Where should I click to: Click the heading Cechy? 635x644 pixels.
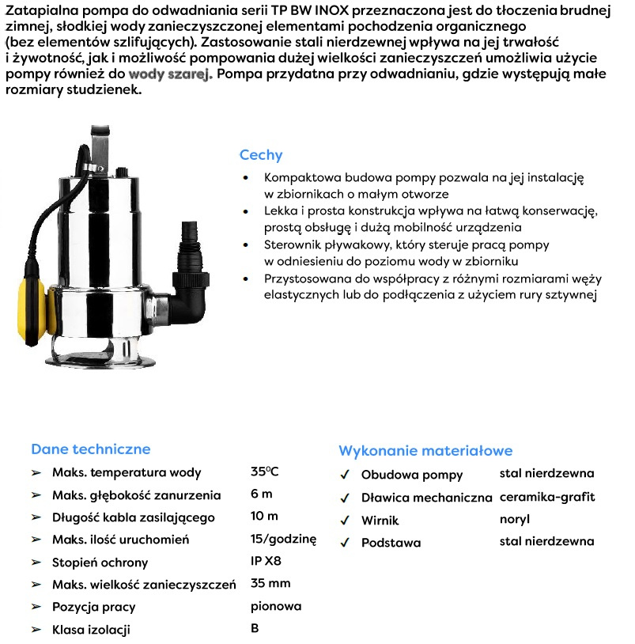[x=260, y=155]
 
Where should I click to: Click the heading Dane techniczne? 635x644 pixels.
[x=90, y=449]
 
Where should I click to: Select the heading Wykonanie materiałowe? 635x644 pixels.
[x=425, y=451]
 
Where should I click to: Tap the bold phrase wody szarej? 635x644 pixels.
[x=170, y=74]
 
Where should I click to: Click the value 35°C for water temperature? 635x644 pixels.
[x=264, y=472]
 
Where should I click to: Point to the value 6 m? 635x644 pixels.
[x=261, y=494]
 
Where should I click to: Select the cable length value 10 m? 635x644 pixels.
[x=264, y=517]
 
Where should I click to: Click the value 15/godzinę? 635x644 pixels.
[x=283, y=540]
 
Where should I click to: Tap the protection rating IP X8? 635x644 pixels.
[x=266, y=562]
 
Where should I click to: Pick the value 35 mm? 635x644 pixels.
[x=270, y=584]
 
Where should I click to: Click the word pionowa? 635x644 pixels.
[x=276, y=607]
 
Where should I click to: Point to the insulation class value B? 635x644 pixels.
[x=255, y=629]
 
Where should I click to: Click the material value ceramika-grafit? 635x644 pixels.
[x=547, y=498]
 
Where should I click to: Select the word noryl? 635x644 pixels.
[x=515, y=520]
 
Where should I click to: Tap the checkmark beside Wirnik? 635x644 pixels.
[x=345, y=521]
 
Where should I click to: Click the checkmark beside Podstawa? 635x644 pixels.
[x=345, y=543]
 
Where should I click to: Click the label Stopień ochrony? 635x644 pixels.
[x=100, y=563]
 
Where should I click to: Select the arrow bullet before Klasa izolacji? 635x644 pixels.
[x=36, y=630]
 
